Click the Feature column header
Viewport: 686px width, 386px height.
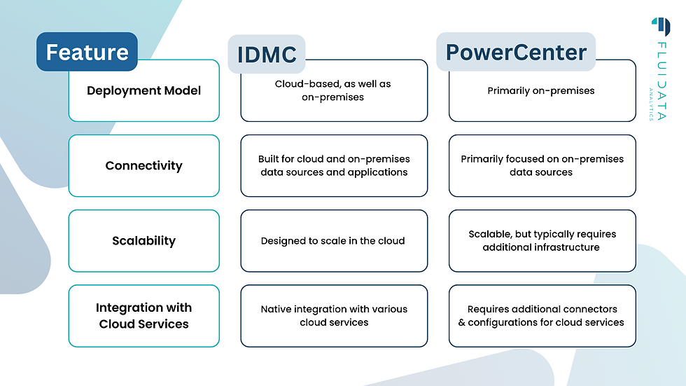(87, 52)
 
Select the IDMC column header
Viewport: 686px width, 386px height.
(266, 54)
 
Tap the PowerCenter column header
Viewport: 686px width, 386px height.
(516, 52)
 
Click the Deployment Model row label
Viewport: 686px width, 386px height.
(143, 90)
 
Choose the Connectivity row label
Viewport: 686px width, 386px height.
(143, 166)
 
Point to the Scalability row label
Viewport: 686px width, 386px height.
(143, 241)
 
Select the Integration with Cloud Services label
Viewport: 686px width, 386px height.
(143, 316)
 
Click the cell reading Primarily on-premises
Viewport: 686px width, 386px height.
(542, 90)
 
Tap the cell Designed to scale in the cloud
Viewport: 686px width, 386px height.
(333, 241)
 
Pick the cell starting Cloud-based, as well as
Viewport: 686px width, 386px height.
(333, 90)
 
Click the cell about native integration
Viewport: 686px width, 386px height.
(333, 316)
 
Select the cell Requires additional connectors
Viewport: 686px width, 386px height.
(542, 316)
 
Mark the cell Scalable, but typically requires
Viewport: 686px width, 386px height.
(542, 241)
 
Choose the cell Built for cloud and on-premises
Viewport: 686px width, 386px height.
(333, 166)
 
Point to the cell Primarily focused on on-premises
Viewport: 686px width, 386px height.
(542, 166)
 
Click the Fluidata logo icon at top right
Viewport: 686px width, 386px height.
(660, 26)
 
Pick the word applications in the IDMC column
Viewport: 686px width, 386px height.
(378, 172)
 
